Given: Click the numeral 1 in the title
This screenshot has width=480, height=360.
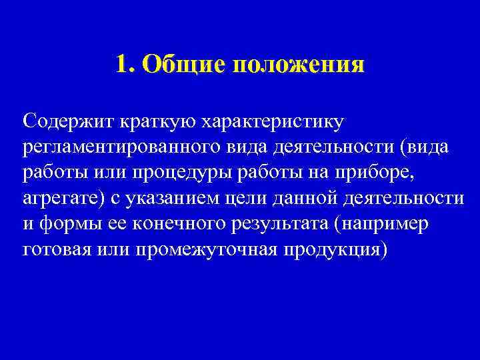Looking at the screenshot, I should (x=121, y=65).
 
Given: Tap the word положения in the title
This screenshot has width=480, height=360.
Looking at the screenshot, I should (x=297, y=65).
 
